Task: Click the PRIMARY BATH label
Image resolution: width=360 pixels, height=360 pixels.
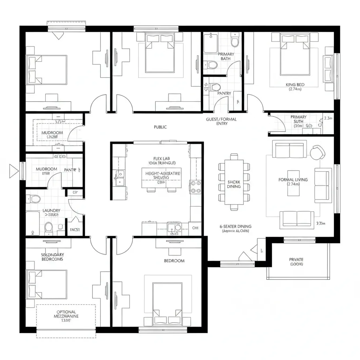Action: click(x=226, y=56)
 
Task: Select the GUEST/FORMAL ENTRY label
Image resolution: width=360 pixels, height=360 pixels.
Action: click(x=221, y=121)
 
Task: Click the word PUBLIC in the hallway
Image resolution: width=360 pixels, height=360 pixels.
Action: click(x=160, y=127)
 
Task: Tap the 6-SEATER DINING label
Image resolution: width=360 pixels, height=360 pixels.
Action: click(x=236, y=227)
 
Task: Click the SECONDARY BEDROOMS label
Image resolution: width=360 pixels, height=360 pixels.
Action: click(x=52, y=257)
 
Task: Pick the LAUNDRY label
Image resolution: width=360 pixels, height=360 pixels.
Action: click(x=51, y=211)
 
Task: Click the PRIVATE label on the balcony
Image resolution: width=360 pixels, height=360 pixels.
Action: click(x=296, y=260)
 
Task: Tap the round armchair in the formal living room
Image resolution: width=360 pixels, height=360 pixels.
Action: click(x=318, y=152)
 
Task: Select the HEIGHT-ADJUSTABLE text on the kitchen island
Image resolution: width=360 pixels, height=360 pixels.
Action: click(x=161, y=174)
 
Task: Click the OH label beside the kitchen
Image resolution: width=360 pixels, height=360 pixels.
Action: click(x=195, y=228)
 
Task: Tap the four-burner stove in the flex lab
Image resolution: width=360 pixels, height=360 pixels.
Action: click(x=195, y=187)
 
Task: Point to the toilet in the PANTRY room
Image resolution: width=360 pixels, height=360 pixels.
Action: click(x=216, y=87)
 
